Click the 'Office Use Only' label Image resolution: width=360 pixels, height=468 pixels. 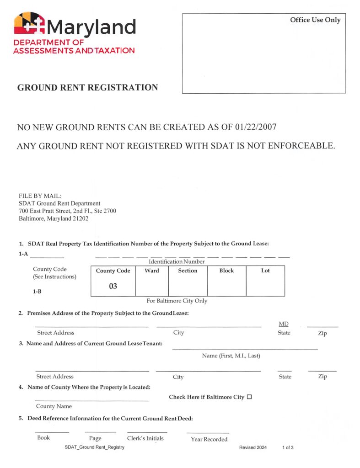(x=315, y=20)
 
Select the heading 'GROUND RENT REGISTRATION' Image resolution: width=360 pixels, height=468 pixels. (x=87, y=87)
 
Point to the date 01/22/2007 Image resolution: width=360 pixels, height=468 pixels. (x=253, y=127)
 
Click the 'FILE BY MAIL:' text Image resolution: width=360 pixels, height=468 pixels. (x=37, y=196)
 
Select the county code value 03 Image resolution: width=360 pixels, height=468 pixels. (x=113, y=287)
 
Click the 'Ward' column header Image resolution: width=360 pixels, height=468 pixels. (x=152, y=271)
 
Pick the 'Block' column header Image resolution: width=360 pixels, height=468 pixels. (x=226, y=271)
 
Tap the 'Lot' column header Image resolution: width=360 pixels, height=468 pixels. (x=265, y=271)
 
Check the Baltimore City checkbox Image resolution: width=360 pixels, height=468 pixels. (x=249, y=397)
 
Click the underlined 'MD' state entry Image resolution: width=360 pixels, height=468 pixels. (x=284, y=324)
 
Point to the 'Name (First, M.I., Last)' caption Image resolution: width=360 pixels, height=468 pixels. (x=231, y=356)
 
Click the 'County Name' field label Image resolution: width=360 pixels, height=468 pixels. (x=54, y=406)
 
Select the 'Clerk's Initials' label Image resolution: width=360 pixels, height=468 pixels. (x=145, y=438)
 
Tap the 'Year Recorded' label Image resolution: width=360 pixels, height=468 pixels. (x=209, y=439)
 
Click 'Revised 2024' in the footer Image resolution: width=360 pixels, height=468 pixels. (x=253, y=447)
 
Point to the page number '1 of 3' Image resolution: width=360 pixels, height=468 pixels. (x=288, y=447)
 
